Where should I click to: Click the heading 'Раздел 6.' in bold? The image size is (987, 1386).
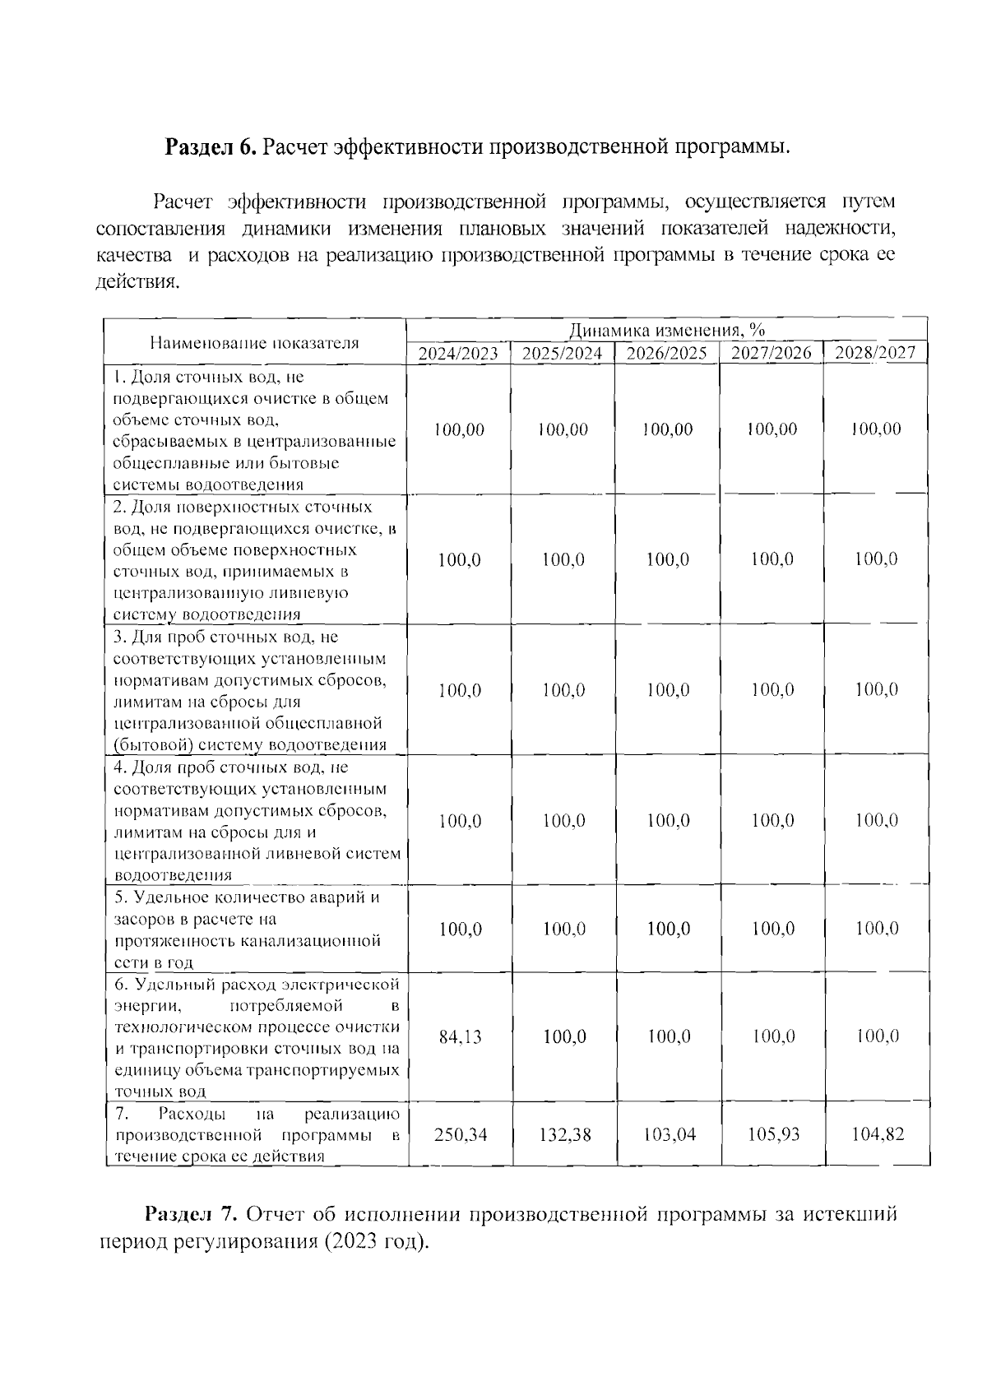coord(212,147)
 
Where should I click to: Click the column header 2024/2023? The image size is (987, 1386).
coord(458,354)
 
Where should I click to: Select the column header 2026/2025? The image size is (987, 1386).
coord(667,354)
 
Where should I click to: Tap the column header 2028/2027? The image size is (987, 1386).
coord(875,353)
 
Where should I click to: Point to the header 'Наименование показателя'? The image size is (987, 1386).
coord(254,343)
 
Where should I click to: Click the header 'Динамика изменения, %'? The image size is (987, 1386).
coord(667,331)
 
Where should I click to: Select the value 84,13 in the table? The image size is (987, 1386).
coord(461,1037)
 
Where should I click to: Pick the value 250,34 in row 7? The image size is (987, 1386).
coord(461,1135)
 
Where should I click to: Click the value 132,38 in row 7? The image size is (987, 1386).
coord(565,1135)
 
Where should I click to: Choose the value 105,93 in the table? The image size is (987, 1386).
coord(773,1135)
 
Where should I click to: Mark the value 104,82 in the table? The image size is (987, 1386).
coord(878,1134)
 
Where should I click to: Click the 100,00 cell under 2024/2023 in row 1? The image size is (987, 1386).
coord(460,429)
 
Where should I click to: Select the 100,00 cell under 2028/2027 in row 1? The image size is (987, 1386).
coord(877,429)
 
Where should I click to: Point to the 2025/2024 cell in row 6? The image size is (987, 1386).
coord(565,1037)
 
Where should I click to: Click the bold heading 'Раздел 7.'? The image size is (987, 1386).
coord(192,1214)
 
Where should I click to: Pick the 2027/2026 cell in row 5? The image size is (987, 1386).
coord(773,929)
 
